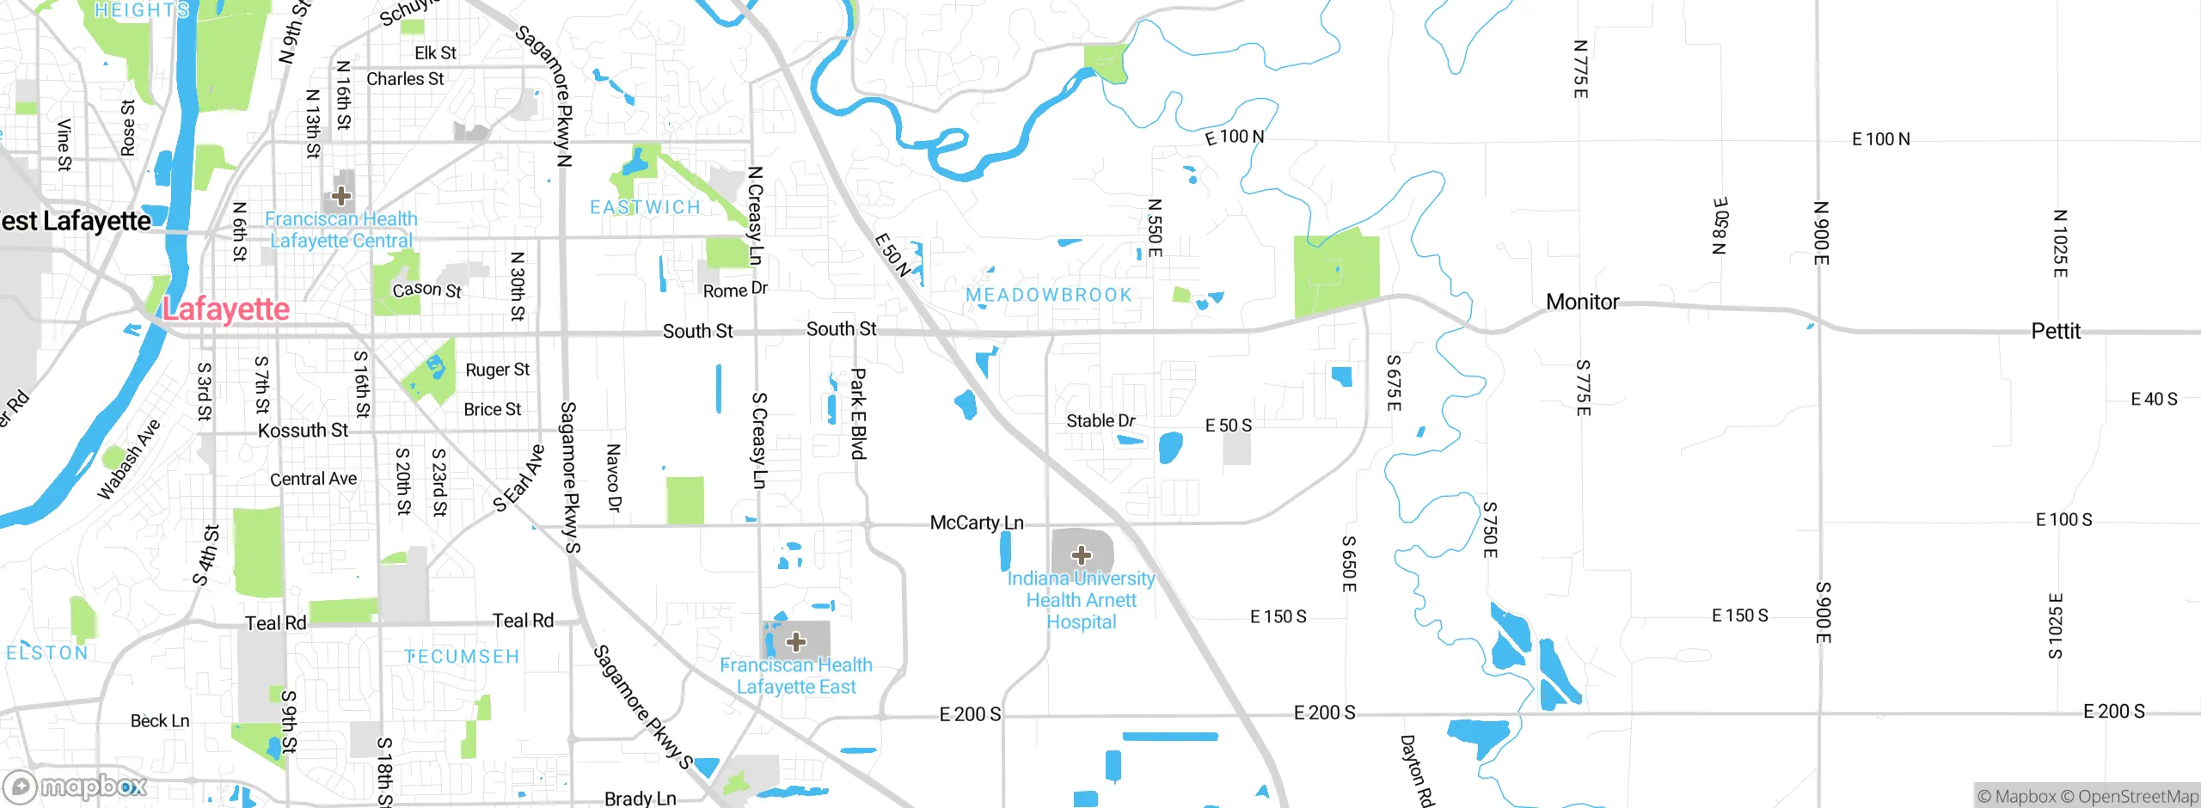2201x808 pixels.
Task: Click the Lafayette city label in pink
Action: (x=226, y=309)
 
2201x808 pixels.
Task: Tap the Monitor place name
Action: (x=1582, y=302)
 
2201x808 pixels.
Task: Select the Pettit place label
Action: (x=2056, y=331)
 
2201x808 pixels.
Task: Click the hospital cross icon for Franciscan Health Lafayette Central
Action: (x=341, y=196)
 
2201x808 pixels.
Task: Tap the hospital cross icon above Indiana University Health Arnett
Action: (x=1082, y=554)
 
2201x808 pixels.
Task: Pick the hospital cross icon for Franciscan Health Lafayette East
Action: (x=796, y=641)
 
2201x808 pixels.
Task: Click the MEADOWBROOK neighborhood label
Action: (x=1049, y=295)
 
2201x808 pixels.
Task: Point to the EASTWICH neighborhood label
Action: (x=646, y=207)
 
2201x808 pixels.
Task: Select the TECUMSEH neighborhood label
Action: (x=463, y=657)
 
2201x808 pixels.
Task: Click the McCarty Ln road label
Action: (x=977, y=523)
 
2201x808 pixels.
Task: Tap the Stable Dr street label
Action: (x=1100, y=420)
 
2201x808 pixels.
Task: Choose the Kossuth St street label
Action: (x=303, y=430)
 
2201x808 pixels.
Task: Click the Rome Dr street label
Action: (x=735, y=290)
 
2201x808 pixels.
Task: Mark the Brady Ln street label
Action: (x=640, y=799)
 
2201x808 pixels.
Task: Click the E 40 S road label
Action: (x=2154, y=399)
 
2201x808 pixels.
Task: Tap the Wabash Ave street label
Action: (x=128, y=460)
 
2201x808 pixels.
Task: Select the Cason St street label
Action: (x=426, y=290)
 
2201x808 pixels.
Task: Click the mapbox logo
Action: (x=76, y=787)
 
